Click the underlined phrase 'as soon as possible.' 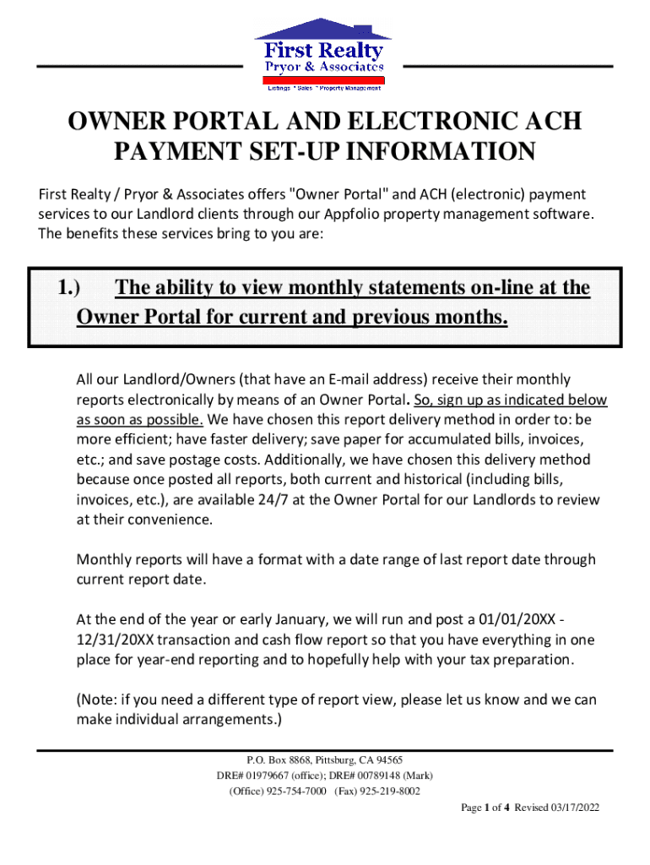(x=140, y=420)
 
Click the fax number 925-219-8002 (x=390, y=792)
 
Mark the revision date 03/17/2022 (x=571, y=808)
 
